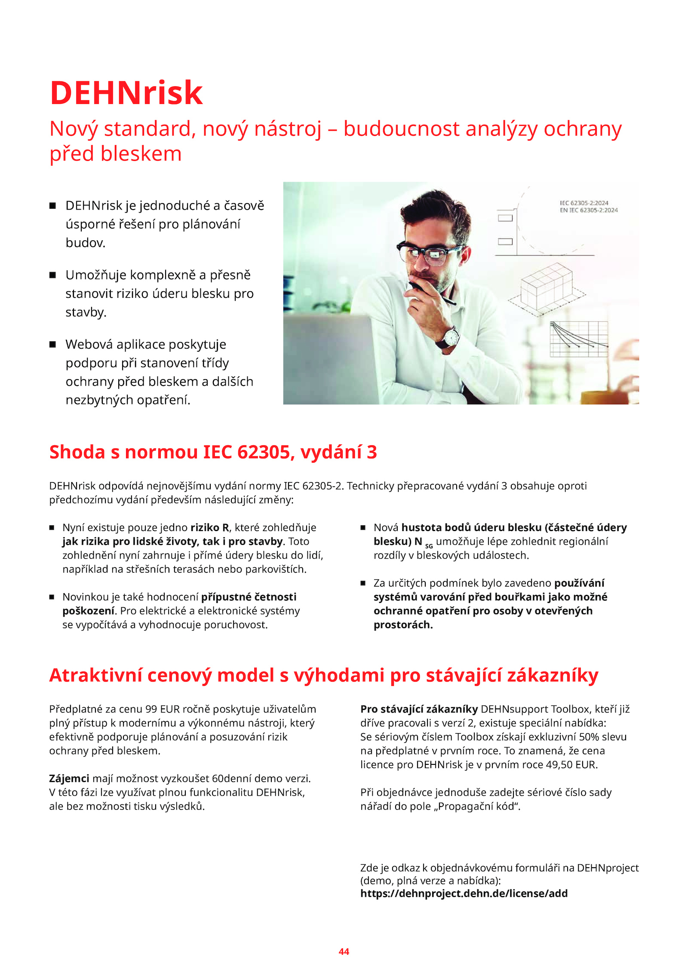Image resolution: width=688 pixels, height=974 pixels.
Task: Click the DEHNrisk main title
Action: tap(126, 93)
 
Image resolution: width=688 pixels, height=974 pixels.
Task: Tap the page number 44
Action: tap(344, 951)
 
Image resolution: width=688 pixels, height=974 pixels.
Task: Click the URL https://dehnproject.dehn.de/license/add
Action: tap(464, 893)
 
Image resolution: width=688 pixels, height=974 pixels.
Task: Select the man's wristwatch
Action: tap(449, 337)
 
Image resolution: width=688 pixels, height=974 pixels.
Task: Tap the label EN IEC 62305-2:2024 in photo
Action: tap(588, 210)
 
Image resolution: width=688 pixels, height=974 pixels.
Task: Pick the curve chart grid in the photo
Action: tap(579, 339)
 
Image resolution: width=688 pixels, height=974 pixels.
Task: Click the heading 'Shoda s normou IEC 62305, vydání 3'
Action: tap(213, 452)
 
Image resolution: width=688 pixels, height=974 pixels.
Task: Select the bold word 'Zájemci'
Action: tap(69, 778)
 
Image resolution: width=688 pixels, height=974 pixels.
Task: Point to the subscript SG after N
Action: tap(429, 546)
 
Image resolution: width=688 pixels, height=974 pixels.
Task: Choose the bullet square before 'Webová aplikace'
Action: tap(52, 344)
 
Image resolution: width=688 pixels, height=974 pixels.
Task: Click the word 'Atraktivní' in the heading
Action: tap(95, 675)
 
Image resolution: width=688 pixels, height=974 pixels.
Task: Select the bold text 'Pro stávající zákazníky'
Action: tap(419, 709)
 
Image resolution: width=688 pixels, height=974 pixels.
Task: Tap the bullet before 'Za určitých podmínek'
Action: tap(363, 583)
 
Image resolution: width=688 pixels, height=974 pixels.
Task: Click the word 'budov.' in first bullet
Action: tap(85, 243)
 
